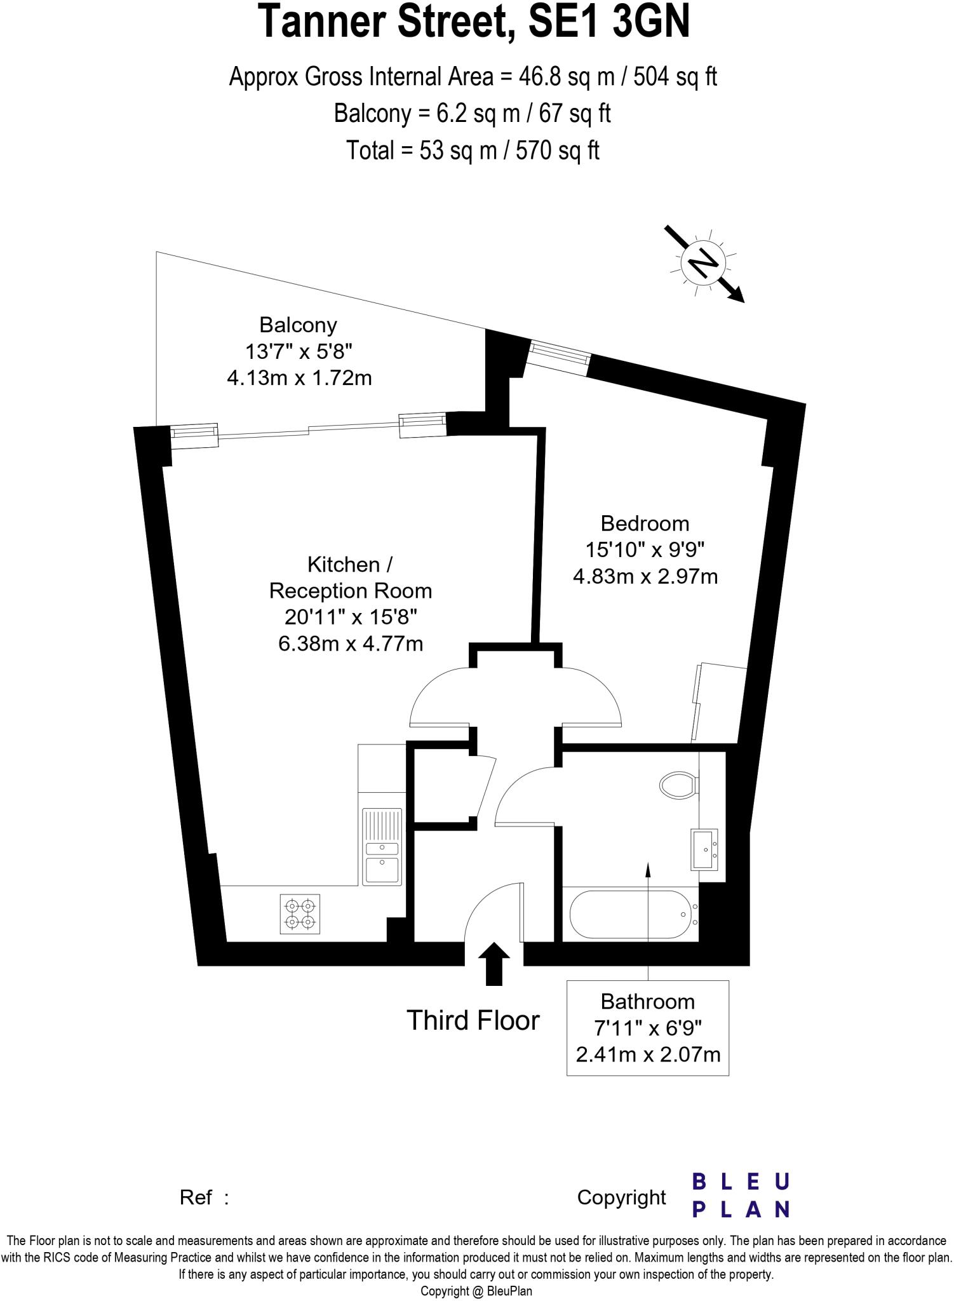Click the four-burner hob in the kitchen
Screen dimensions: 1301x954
click(x=300, y=913)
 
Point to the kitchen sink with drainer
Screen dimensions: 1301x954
click(x=382, y=846)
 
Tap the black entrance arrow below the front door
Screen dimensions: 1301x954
click(x=493, y=963)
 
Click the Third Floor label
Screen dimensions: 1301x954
click(x=473, y=1020)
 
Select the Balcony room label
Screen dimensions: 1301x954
click(x=298, y=325)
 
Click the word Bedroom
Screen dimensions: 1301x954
click(x=645, y=523)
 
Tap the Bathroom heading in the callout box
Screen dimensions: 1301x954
click(x=647, y=1002)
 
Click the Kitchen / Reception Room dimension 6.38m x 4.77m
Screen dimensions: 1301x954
click(x=351, y=644)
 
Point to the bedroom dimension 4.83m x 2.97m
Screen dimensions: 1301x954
click(x=645, y=577)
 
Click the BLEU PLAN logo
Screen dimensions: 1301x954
click(x=740, y=1196)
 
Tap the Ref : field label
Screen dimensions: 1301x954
click(x=204, y=1197)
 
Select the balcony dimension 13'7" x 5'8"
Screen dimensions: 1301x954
click(x=299, y=351)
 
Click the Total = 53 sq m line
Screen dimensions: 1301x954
click(x=473, y=151)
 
